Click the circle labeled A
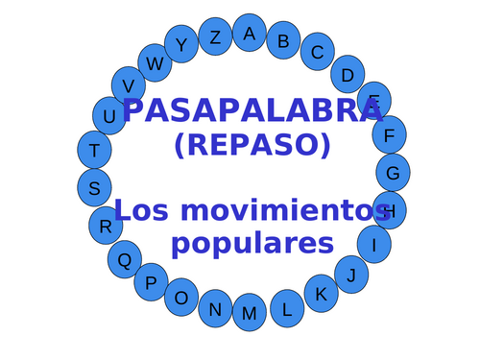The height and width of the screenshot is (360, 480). [250, 33]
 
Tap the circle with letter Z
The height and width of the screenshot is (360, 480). [215, 37]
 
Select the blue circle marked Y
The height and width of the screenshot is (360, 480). [181, 45]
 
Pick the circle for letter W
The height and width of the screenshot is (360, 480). [155, 63]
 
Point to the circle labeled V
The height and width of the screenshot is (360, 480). [129, 85]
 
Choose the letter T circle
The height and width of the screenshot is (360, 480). [94, 151]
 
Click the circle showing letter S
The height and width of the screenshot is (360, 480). [94, 188]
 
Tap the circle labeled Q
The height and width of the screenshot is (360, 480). [124, 259]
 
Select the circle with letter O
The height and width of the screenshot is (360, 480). [181, 299]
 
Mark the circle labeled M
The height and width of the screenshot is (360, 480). [250, 313]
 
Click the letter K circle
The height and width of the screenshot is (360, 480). [322, 294]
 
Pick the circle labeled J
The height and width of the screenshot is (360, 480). [351, 276]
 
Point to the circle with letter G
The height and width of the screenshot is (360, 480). [393, 173]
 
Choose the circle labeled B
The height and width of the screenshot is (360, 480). [283, 40]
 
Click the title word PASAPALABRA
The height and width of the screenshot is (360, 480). [252, 110]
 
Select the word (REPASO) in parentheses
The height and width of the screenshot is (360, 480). [252, 145]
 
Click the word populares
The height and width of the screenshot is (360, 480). [252, 241]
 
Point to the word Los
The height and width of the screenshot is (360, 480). [145, 209]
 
